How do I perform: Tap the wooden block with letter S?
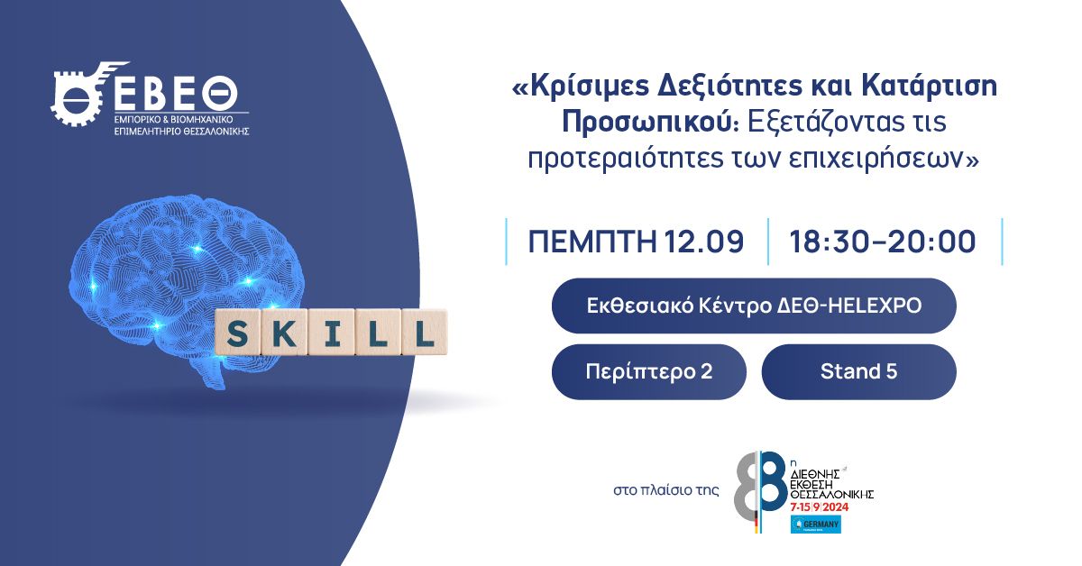pos(237,333)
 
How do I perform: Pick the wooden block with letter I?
pos(331,333)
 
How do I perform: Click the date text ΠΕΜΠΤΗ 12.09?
pos(636,242)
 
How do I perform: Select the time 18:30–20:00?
pos(883,242)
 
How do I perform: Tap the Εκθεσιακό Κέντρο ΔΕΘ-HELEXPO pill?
pos(753,306)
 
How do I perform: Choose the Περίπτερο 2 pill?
pos(649,371)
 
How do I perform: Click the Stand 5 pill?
pos(858,371)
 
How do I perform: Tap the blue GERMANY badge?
pos(815,525)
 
